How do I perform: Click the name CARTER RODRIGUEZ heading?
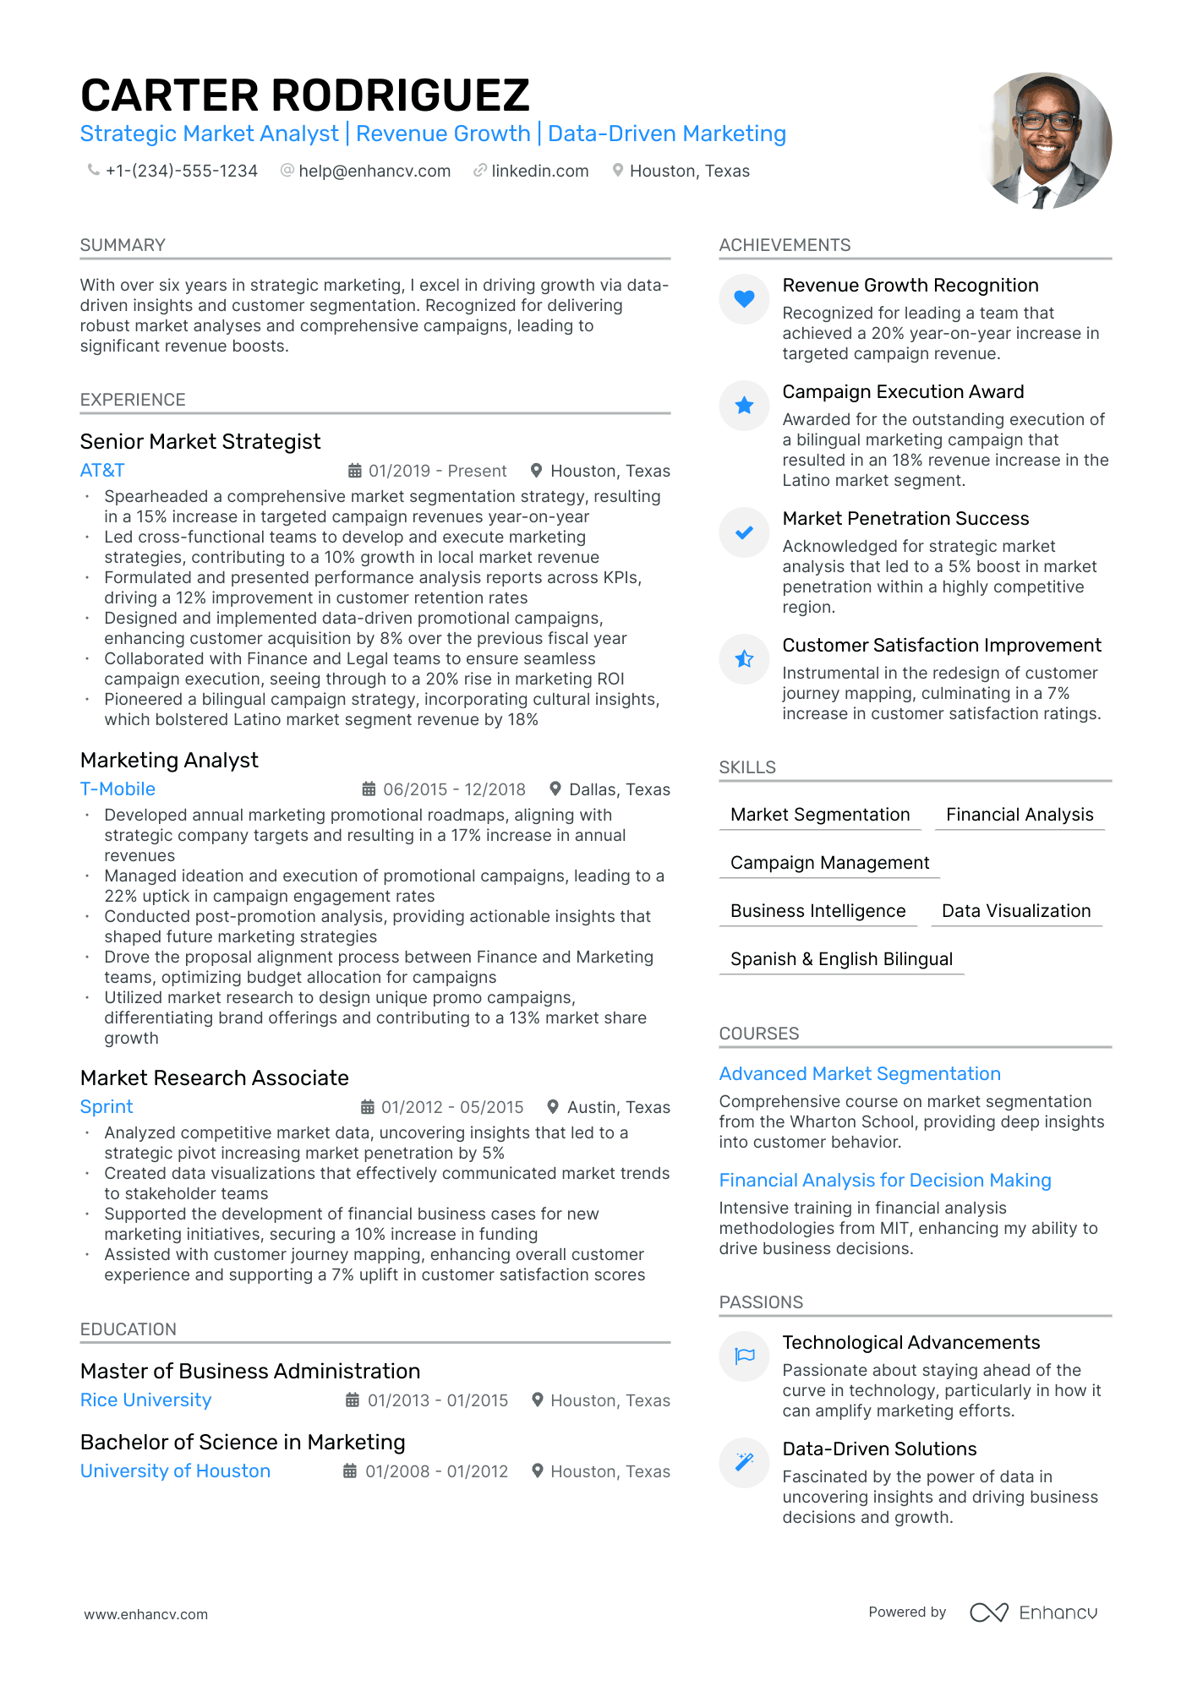[304, 95]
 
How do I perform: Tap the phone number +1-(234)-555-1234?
[181, 171]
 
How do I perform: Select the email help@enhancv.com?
[374, 171]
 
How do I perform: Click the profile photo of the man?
[1046, 140]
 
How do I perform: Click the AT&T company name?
[102, 471]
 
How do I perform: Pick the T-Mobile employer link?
[118, 789]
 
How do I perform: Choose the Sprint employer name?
[107, 1107]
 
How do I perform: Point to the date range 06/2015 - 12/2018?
[454, 789]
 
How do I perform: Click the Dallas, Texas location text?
[619, 789]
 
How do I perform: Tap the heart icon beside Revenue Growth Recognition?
[744, 298]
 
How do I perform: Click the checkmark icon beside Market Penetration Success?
[744, 532]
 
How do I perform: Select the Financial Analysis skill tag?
[1020, 815]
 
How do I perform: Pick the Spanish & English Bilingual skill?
[841, 959]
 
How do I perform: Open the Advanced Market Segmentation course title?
[860, 1074]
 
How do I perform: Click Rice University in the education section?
[145, 1400]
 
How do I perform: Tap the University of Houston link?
[175, 1471]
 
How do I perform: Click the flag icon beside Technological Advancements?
[744, 1356]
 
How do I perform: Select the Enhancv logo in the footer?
[1033, 1612]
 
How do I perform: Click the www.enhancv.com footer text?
[145, 1614]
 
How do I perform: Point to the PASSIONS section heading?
[761, 1302]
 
